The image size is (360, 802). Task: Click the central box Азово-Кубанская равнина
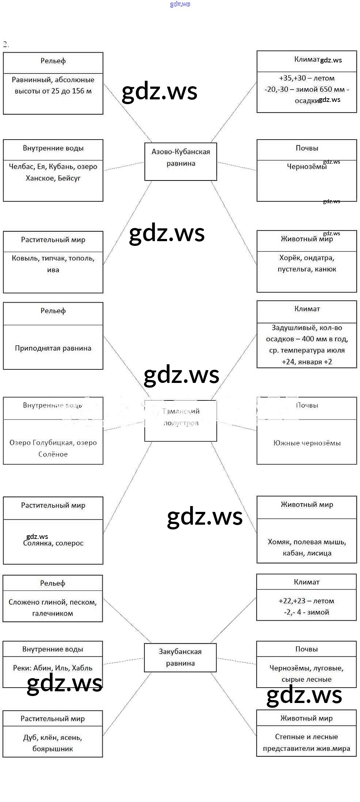click(x=181, y=161)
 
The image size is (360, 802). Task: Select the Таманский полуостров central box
click(x=181, y=420)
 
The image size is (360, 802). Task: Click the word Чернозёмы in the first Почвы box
click(x=307, y=167)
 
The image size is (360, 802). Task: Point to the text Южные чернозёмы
click(x=307, y=443)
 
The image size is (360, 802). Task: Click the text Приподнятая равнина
click(x=53, y=348)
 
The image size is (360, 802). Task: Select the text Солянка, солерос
click(x=53, y=543)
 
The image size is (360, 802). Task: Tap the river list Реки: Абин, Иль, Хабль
click(x=53, y=668)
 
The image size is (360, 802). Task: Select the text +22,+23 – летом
click(x=306, y=601)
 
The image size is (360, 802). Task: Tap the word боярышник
click(x=53, y=749)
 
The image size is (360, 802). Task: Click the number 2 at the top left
click(x=5, y=45)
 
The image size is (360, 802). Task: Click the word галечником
click(x=53, y=613)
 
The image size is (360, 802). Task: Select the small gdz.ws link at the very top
click(x=180, y=4)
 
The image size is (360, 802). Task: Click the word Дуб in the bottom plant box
click(x=30, y=737)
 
